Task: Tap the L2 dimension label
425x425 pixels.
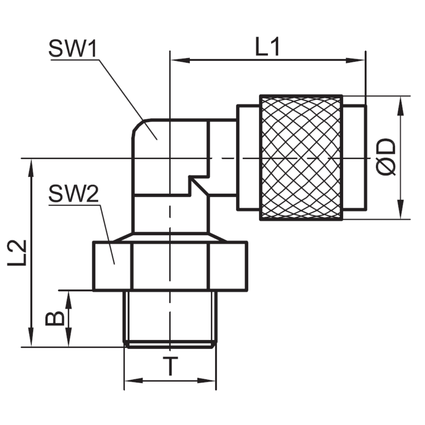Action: (17, 253)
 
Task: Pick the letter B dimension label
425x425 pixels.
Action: (55, 318)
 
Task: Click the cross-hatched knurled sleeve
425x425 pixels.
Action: (301, 158)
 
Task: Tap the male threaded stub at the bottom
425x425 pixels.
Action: (170, 317)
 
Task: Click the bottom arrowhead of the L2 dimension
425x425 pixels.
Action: (32, 340)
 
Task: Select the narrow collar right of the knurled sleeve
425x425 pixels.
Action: (355, 158)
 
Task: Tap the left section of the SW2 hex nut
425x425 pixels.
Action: (112, 266)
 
